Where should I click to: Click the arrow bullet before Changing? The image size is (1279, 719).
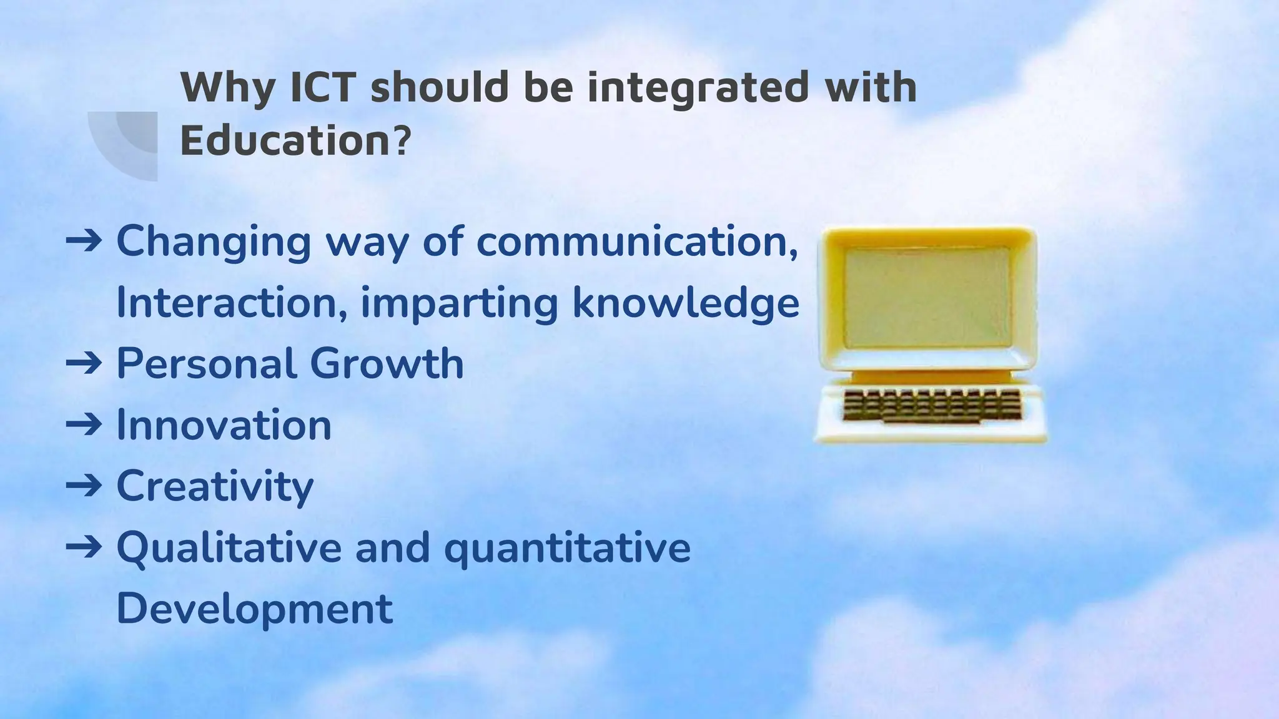pos(84,241)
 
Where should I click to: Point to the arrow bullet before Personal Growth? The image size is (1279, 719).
pos(84,364)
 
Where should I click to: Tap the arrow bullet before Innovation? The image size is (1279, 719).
pos(84,425)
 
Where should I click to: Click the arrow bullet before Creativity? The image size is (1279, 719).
pos(84,486)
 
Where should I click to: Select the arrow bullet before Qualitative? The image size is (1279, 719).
pos(84,547)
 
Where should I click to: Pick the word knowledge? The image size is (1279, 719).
pos(686,304)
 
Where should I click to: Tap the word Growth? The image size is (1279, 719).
pos(387,364)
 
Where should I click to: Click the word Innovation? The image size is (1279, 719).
pos(224,425)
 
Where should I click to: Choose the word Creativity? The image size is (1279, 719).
pos(215,487)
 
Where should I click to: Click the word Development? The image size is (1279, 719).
pos(255,609)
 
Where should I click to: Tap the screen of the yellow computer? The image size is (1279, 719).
pos(927,297)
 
